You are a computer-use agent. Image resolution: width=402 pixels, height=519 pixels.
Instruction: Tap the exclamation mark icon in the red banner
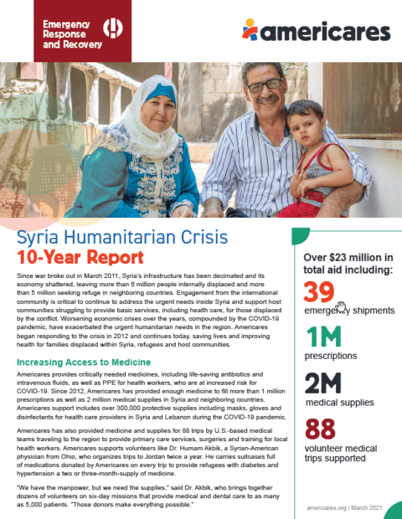(x=111, y=28)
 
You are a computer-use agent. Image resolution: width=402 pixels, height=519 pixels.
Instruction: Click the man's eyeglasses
(x=264, y=85)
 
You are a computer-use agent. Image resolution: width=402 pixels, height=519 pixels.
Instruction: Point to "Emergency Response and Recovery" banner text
(x=65, y=30)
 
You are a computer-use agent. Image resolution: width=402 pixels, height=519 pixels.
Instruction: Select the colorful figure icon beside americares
(x=250, y=30)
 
